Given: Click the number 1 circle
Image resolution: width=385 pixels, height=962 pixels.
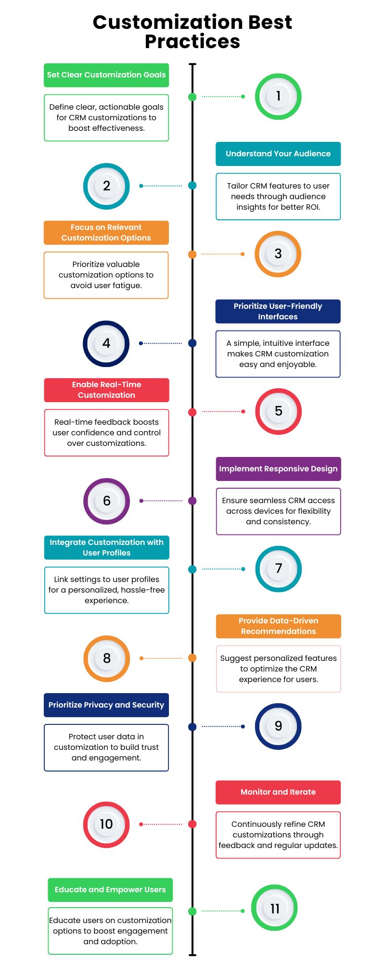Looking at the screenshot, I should pyautogui.click(x=278, y=96).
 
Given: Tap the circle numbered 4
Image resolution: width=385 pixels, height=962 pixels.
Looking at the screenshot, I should pyautogui.click(x=106, y=343).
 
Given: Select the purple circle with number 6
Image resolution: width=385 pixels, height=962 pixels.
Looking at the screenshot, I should pyautogui.click(x=106, y=501).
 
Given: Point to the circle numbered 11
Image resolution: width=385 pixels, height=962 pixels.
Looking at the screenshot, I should pyautogui.click(x=274, y=908).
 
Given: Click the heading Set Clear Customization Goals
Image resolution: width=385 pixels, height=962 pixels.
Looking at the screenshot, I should pyautogui.click(x=106, y=75).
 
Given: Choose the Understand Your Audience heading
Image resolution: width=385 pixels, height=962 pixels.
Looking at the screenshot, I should pyautogui.click(x=278, y=154).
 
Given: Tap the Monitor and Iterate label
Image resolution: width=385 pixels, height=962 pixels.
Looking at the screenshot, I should pyautogui.click(x=278, y=792).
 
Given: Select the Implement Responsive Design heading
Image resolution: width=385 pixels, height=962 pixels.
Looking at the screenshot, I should pyautogui.click(x=278, y=469).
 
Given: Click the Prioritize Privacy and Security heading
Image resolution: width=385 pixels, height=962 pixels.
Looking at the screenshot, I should pyautogui.click(x=106, y=705).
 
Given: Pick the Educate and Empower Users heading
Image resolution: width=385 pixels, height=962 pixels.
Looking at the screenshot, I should pyautogui.click(x=110, y=890).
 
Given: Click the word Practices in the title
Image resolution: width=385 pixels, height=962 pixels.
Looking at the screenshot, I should pyautogui.click(x=192, y=42).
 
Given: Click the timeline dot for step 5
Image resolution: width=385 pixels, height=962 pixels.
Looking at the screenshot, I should pyautogui.click(x=192, y=412).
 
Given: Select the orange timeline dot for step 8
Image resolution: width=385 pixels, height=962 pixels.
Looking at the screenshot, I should pyautogui.click(x=192, y=658).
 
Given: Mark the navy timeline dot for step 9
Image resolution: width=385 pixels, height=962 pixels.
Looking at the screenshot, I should pyautogui.click(x=192, y=727).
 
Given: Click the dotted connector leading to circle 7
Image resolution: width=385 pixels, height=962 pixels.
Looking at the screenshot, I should pyautogui.click(x=222, y=569).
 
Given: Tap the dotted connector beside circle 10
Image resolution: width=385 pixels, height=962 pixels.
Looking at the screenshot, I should pyautogui.click(x=162, y=824).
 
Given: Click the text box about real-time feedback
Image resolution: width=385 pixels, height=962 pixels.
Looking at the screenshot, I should pyautogui.click(x=106, y=432).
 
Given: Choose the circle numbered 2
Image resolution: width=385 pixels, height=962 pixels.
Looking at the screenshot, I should pyautogui.click(x=106, y=186).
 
